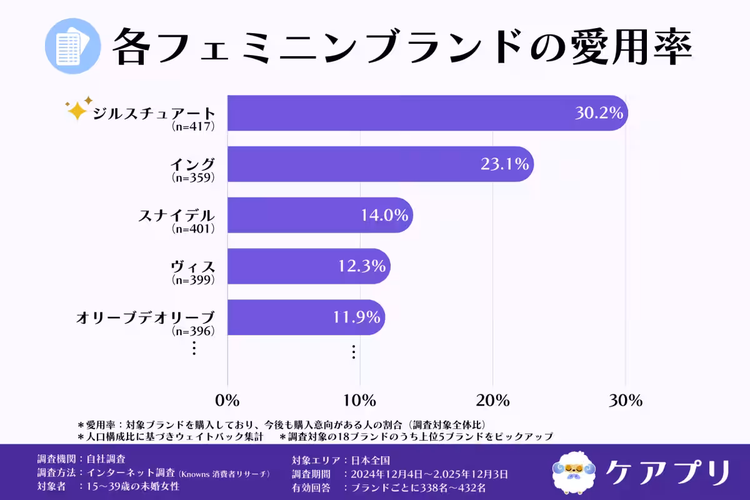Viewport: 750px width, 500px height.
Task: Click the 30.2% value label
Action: [599, 113]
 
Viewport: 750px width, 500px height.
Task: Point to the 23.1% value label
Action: [505, 164]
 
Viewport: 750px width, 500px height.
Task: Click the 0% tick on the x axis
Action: [227, 401]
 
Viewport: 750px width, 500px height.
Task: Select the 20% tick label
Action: [492, 401]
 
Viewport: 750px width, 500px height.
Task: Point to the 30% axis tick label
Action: [626, 401]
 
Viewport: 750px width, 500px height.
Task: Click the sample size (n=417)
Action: [193, 126]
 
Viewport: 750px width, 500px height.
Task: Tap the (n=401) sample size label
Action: [193, 229]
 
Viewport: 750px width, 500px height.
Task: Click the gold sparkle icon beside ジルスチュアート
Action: [78, 109]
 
